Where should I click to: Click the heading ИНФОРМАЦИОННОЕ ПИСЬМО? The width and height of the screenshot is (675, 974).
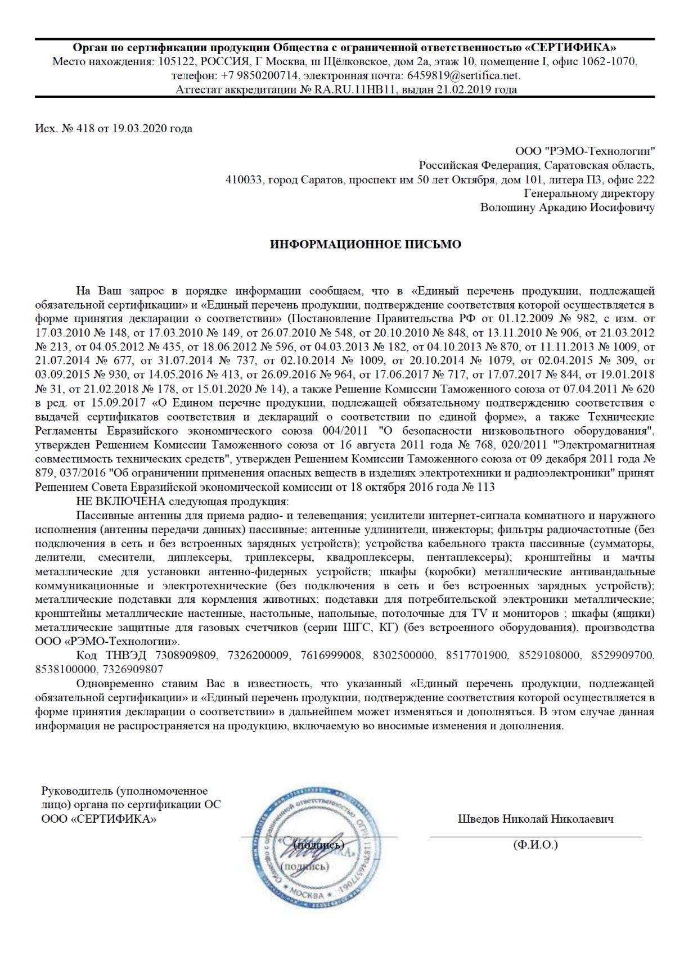pos(366,244)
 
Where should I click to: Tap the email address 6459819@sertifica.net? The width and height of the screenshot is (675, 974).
pos(463,75)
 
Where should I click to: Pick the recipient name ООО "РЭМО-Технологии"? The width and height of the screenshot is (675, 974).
pos(585,151)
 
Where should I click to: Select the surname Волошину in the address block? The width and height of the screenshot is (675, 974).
pos(508,208)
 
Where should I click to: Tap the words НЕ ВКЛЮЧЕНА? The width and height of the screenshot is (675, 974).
pos(121,502)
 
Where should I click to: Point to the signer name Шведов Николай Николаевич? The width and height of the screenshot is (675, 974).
pos(535,819)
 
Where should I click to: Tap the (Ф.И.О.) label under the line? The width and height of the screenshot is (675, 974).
pos(535,845)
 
